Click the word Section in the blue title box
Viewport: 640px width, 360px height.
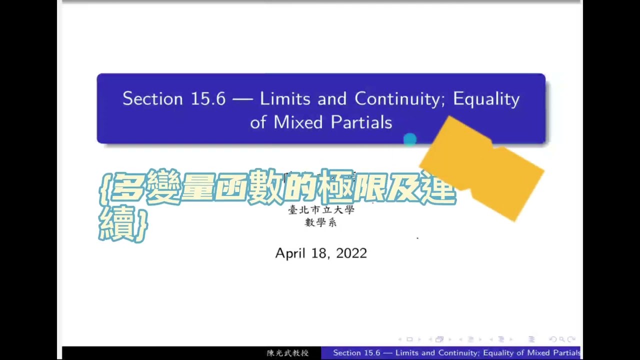click(x=152, y=99)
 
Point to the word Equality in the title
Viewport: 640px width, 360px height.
click(x=486, y=99)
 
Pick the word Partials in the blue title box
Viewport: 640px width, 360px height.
click(x=361, y=122)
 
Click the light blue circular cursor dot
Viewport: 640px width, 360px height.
click(x=410, y=140)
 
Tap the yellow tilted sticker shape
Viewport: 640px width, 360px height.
click(x=482, y=167)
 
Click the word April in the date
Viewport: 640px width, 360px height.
click(x=290, y=253)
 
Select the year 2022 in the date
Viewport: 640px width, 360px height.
click(x=351, y=253)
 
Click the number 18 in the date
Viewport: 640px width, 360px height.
click(x=320, y=253)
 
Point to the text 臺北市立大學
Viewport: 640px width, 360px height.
click(x=321, y=210)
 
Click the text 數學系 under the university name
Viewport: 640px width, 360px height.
click(x=320, y=222)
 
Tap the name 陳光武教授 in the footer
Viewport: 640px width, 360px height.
click(x=287, y=353)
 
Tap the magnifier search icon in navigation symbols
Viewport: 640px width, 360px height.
click(x=562, y=339)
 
